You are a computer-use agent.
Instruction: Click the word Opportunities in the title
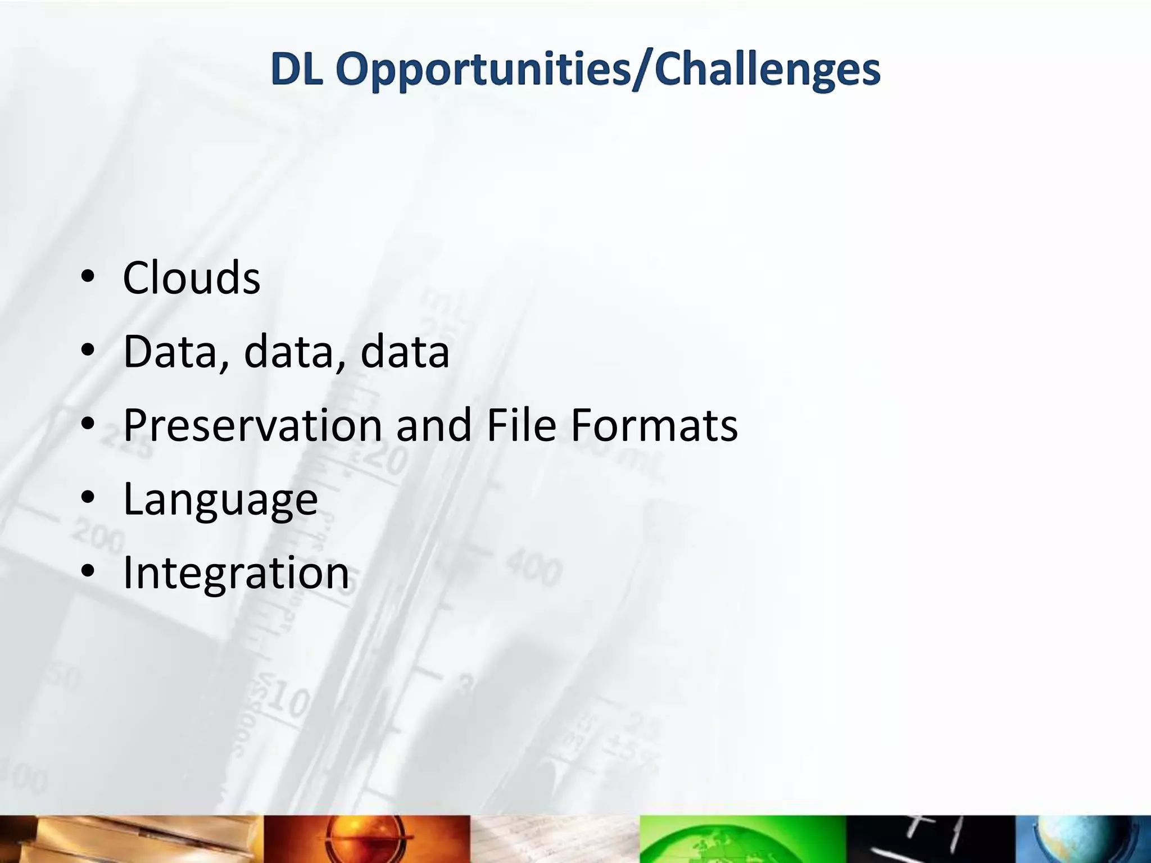(483, 71)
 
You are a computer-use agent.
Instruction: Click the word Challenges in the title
(767, 71)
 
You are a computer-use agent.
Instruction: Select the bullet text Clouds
(192, 278)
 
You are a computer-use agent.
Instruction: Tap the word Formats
(654, 425)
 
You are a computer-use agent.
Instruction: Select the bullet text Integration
(236, 573)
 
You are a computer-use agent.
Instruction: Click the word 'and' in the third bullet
(433, 425)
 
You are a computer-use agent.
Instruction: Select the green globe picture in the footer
(742, 839)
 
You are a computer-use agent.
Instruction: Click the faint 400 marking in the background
(533, 569)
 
